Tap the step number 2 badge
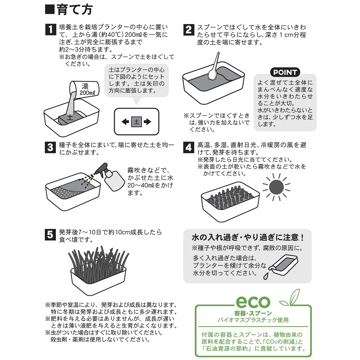click(188, 29)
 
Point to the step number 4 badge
click(188, 147)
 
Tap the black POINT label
click(285, 72)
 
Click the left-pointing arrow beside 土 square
click(125, 122)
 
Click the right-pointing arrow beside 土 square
click(147, 122)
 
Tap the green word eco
click(253, 301)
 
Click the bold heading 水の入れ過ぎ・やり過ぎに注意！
click(248, 238)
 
